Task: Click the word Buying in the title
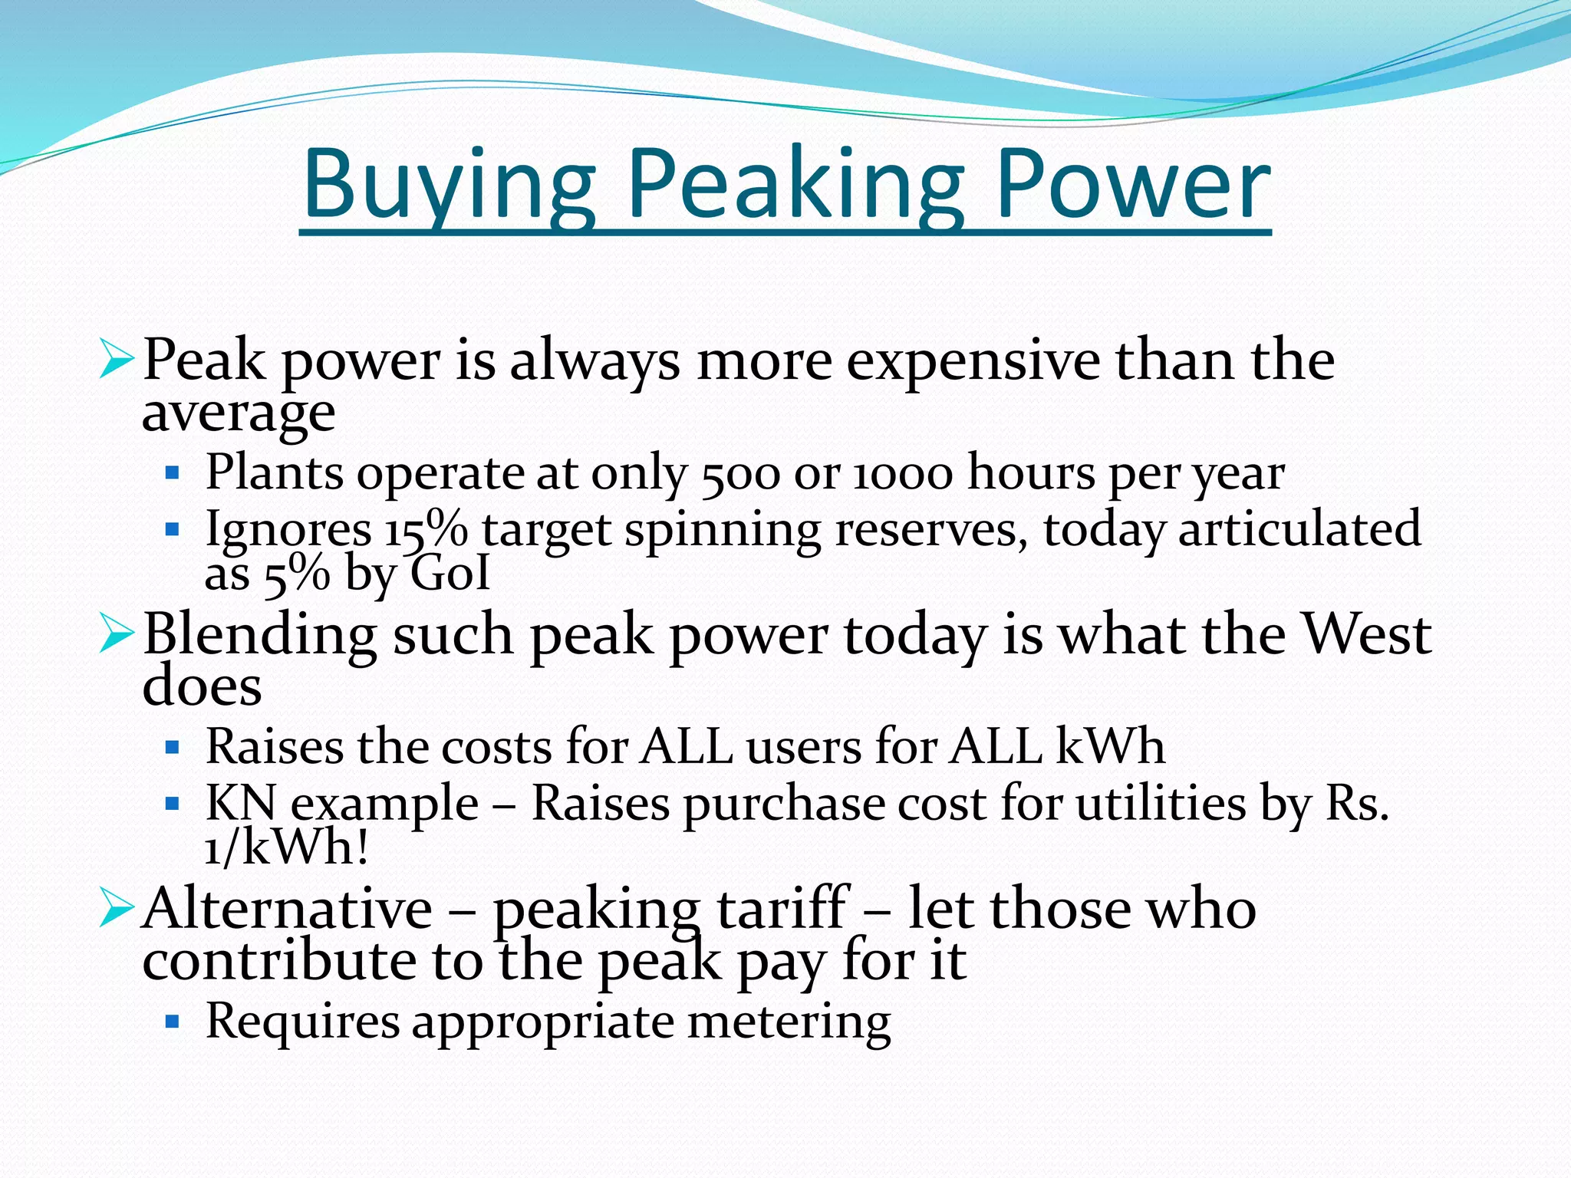click(x=450, y=186)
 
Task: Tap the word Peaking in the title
click(x=795, y=186)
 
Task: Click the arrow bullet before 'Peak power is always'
click(x=117, y=360)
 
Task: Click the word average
click(x=239, y=414)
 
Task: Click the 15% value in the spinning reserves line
click(x=427, y=529)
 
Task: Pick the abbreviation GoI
click(x=450, y=573)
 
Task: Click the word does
click(x=202, y=686)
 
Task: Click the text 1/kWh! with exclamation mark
click(x=286, y=848)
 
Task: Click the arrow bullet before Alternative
click(x=117, y=910)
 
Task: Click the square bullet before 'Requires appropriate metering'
click(x=172, y=1022)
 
